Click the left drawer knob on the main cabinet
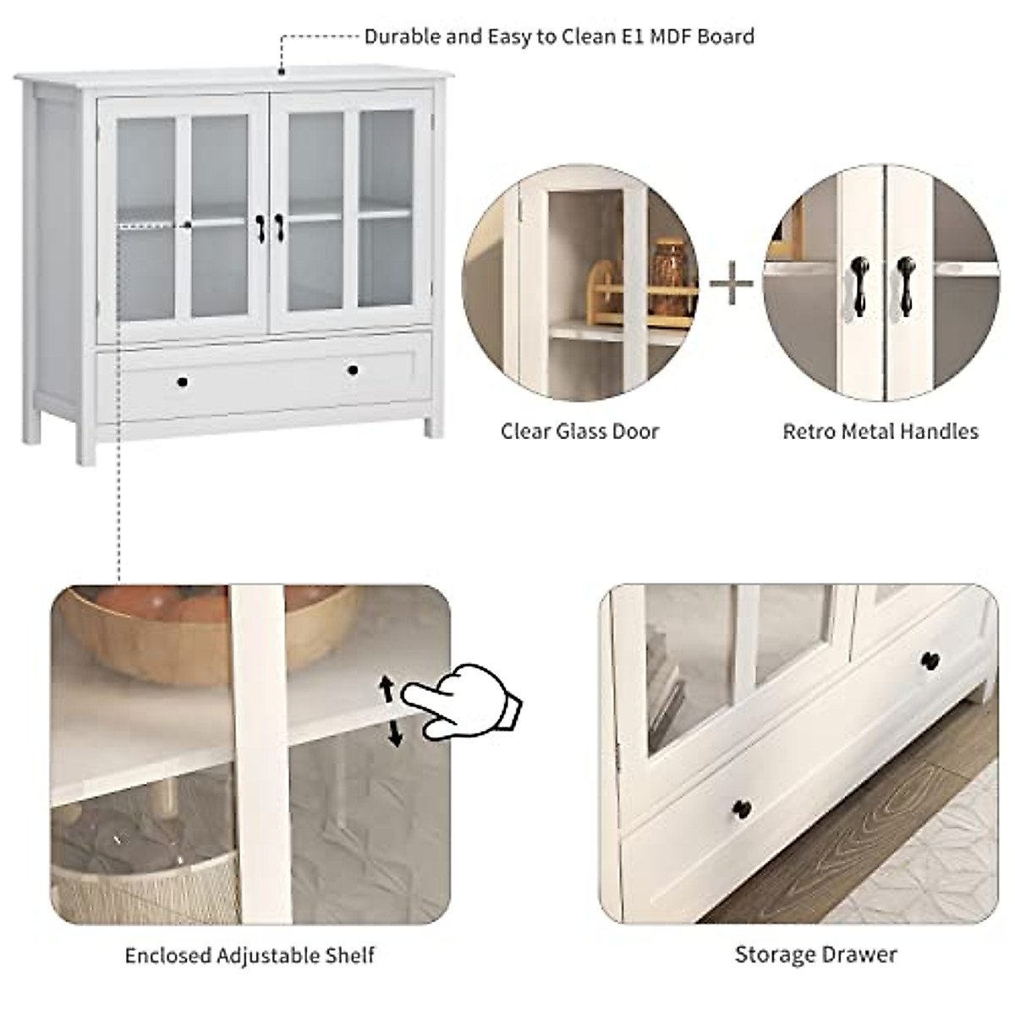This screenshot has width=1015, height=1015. click(x=182, y=382)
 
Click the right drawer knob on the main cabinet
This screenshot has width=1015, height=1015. click(x=352, y=370)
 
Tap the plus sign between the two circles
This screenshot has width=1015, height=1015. click(x=731, y=285)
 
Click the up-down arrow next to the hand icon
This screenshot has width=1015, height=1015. click(x=391, y=710)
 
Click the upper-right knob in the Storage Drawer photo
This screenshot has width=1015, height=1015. click(x=930, y=661)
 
